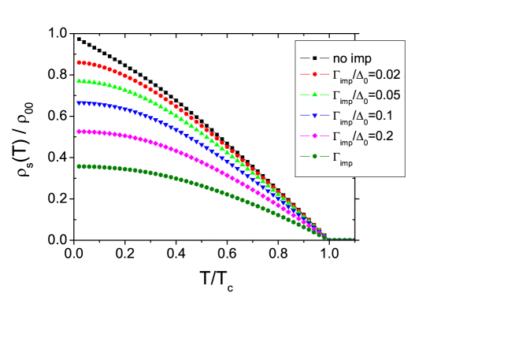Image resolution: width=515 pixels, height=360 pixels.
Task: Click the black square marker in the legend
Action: pyautogui.click(x=314, y=58)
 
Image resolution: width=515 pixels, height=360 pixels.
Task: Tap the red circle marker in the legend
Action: pyautogui.click(x=314, y=76)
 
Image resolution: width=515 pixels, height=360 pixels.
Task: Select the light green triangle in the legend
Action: pyautogui.click(x=314, y=95)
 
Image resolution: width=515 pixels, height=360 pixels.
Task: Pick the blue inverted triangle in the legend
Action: pyautogui.click(x=314, y=116)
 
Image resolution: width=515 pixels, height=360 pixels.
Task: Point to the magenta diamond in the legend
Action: pyautogui.click(x=314, y=135)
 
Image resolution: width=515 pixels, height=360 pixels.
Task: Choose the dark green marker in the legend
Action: pyautogui.click(x=314, y=156)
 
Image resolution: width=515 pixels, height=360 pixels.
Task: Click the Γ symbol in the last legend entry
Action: pyautogui.click(x=337, y=156)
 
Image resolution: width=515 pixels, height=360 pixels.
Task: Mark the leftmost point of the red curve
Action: pyautogui.click(x=79, y=61)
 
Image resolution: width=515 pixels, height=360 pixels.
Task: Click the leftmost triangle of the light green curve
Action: pyautogui.click(x=79, y=80)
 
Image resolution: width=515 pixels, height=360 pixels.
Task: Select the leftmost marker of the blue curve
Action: pyautogui.click(x=79, y=102)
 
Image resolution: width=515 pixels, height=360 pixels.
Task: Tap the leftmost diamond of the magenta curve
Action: pyautogui.click(x=79, y=132)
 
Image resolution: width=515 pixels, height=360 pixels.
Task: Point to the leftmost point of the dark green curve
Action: pyautogui.click(x=79, y=166)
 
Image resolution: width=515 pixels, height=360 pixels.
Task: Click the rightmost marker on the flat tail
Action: pyautogui.click(x=351, y=239)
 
